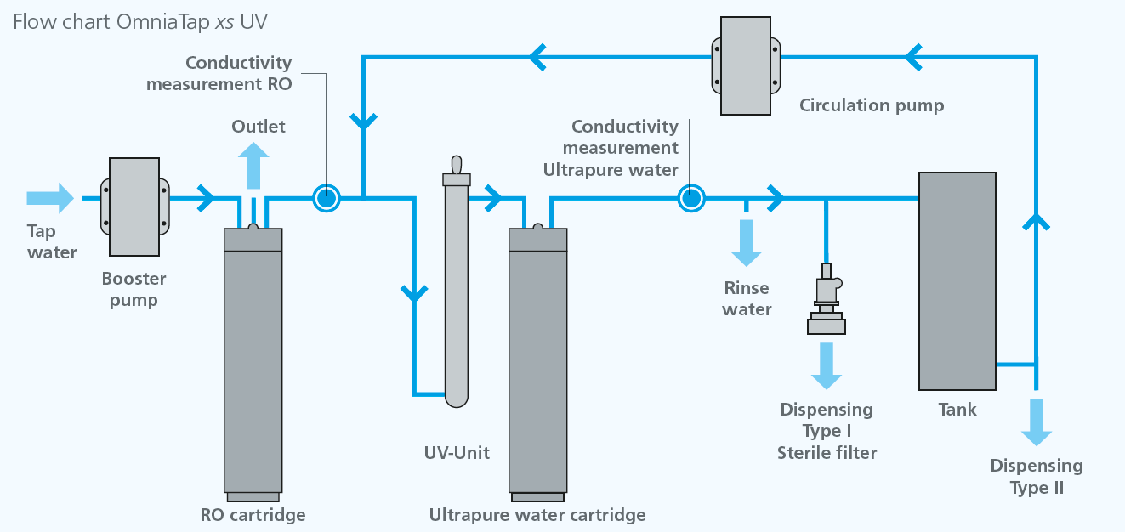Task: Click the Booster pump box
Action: coord(134,207)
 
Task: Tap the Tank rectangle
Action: coord(957,280)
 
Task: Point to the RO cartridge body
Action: coord(253,365)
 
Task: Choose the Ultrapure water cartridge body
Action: coord(537,365)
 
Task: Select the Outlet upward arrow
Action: coord(253,166)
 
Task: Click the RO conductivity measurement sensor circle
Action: coord(326,198)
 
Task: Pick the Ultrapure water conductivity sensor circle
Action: coord(691,198)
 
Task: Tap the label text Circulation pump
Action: coord(872,105)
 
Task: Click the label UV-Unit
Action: coord(457,452)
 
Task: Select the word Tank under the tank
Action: coord(957,410)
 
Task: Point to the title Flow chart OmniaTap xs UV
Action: coord(140,21)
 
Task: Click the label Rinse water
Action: coord(747,298)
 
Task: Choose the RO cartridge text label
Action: coord(253,514)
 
